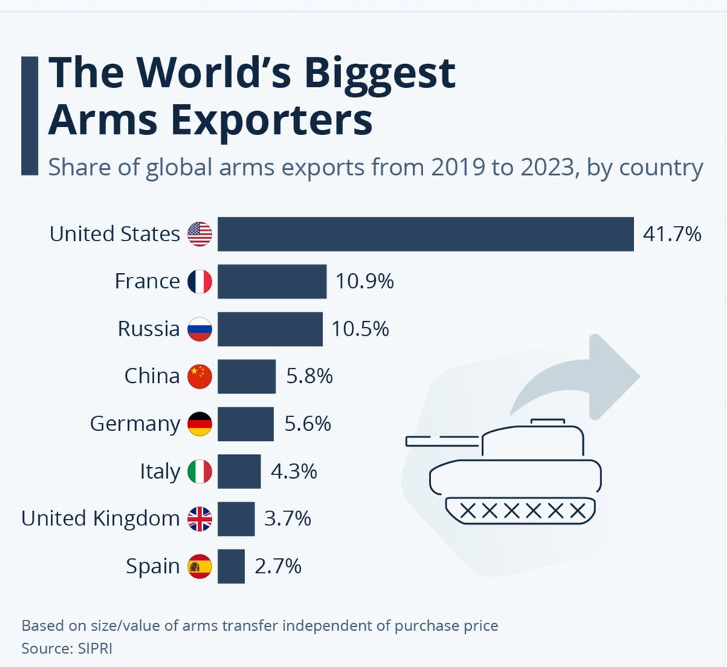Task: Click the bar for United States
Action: [x=425, y=234]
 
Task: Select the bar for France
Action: [x=272, y=281]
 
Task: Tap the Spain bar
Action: [x=231, y=566]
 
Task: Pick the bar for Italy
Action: [x=239, y=472]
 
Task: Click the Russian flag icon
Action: [x=200, y=329]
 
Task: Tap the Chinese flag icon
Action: [x=200, y=376]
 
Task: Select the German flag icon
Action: [x=200, y=424]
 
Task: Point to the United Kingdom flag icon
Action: [x=200, y=519]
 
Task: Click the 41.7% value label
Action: [x=672, y=234]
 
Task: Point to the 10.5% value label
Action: [x=360, y=329]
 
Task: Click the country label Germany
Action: [x=134, y=424]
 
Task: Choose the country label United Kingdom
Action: [x=100, y=519]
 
